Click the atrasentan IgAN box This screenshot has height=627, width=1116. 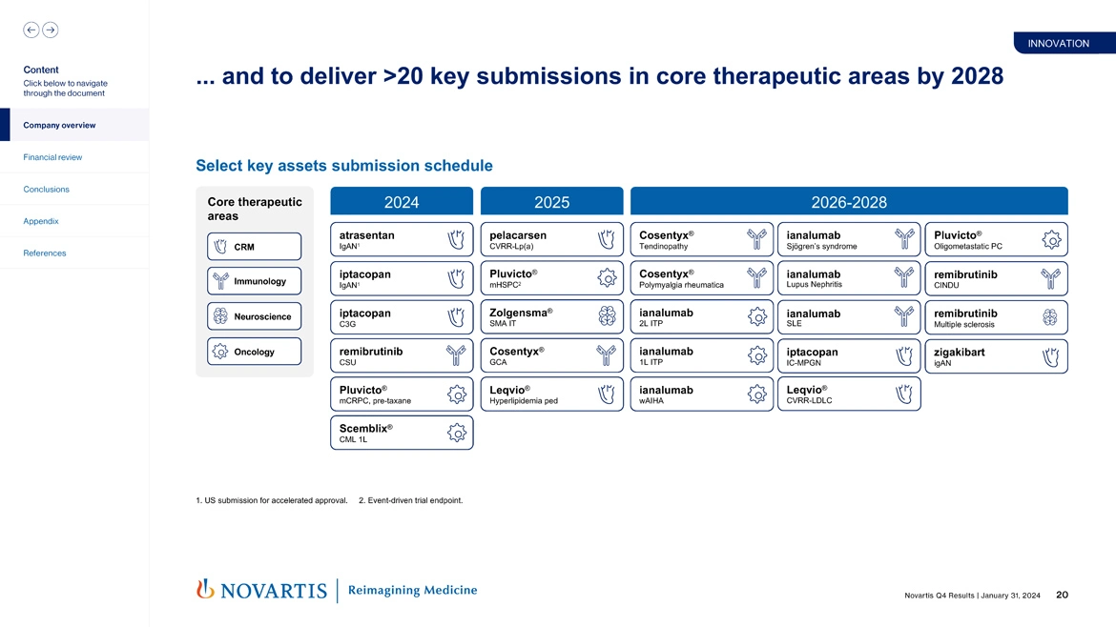click(x=401, y=239)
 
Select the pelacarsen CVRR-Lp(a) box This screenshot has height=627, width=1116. click(x=550, y=239)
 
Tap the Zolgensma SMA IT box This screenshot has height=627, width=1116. click(x=550, y=317)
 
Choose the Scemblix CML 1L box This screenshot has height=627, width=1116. click(x=401, y=433)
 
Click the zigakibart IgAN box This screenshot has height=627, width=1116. click(x=996, y=356)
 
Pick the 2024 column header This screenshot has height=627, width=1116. click(x=401, y=202)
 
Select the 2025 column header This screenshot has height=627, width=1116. click(x=551, y=202)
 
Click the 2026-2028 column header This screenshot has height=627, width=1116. click(x=848, y=202)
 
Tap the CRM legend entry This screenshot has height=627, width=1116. click(x=254, y=247)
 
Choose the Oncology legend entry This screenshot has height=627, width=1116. click(x=254, y=352)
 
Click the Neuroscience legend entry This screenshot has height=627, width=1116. click(x=254, y=316)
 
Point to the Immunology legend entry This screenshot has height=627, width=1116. click(x=254, y=281)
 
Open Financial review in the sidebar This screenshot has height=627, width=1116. click(x=53, y=157)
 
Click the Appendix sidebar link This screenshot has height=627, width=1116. click(x=41, y=221)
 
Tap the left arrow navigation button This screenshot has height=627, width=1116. click(x=31, y=30)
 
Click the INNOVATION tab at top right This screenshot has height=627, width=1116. click(x=1058, y=43)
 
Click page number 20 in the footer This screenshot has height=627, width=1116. click(x=1062, y=596)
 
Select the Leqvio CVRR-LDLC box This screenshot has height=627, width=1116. click(x=848, y=394)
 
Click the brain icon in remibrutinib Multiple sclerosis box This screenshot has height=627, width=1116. click(x=1049, y=317)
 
